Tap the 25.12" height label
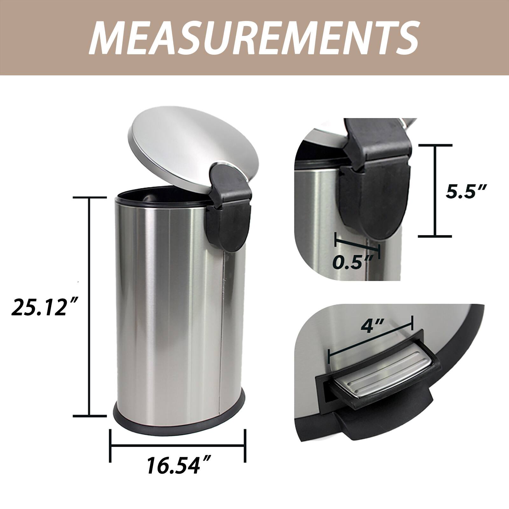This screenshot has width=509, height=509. pyautogui.click(x=43, y=307)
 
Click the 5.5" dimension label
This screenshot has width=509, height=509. pyautogui.click(x=465, y=192)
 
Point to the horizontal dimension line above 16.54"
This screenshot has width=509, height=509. pyautogui.click(x=178, y=445)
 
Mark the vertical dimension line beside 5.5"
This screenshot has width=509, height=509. pyautogui.click(x=435, y=191)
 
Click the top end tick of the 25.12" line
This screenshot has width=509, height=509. pyautogui.click(x=90, y=198)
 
